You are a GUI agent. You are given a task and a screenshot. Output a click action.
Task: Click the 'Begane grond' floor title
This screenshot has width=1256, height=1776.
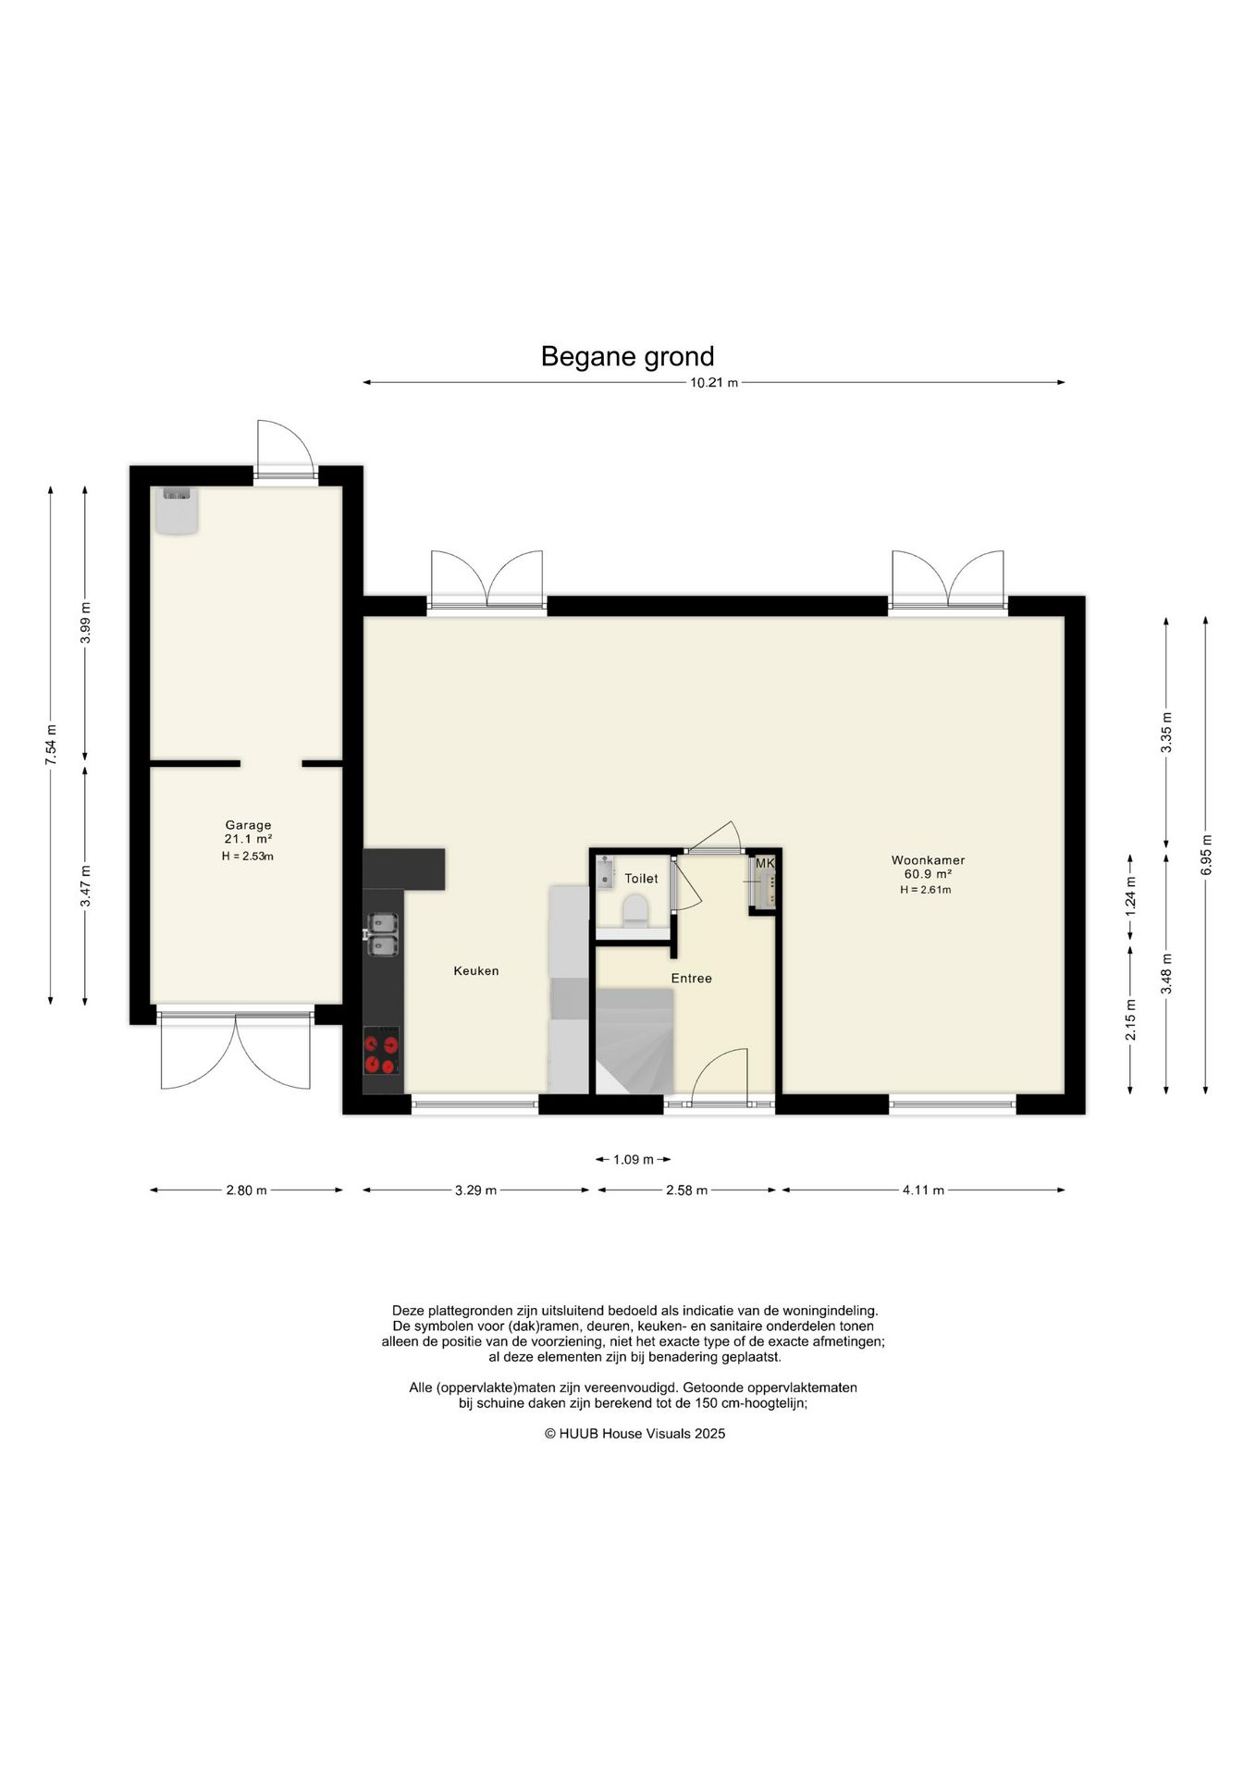[627, 356]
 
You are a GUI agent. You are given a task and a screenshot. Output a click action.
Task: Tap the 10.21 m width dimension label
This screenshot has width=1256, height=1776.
[714, 383]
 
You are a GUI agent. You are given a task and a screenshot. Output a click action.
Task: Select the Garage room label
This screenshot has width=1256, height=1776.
[248, 825]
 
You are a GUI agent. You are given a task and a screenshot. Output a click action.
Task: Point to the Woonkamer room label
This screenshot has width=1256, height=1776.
[928, 860]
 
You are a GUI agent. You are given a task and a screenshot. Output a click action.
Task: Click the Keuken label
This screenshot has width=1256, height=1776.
[476, 970]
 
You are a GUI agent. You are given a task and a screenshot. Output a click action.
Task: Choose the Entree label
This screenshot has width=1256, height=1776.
[691, 978]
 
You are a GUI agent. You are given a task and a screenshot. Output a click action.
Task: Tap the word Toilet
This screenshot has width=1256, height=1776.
[641, 878]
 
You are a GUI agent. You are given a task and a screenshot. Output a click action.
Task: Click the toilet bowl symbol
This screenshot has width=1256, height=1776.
[635, 910]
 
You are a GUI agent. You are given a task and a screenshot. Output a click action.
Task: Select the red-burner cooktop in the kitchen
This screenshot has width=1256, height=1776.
[382, 1052]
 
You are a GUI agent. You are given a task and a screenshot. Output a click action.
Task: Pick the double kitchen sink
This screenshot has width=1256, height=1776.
[383, 935]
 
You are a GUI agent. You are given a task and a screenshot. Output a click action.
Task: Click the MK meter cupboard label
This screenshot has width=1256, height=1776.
[765, 863]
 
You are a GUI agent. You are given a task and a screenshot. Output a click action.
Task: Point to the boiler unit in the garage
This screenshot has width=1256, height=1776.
[177, 512]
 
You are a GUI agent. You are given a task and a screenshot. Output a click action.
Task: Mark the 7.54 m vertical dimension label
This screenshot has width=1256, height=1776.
[51, 744]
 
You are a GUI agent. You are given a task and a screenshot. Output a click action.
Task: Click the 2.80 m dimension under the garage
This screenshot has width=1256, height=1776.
[246, 1190]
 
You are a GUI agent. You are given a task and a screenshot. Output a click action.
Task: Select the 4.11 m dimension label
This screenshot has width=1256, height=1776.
[923, 1190]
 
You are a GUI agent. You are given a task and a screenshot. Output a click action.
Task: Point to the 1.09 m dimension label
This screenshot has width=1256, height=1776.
[634, 1159]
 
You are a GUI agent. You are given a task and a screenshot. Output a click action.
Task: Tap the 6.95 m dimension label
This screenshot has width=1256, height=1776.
[1205, 855]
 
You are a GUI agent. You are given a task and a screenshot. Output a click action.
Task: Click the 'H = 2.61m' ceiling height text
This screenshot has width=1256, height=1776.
[925, 890]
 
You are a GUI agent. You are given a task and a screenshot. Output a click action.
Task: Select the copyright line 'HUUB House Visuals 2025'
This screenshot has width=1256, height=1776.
[634, 1434]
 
